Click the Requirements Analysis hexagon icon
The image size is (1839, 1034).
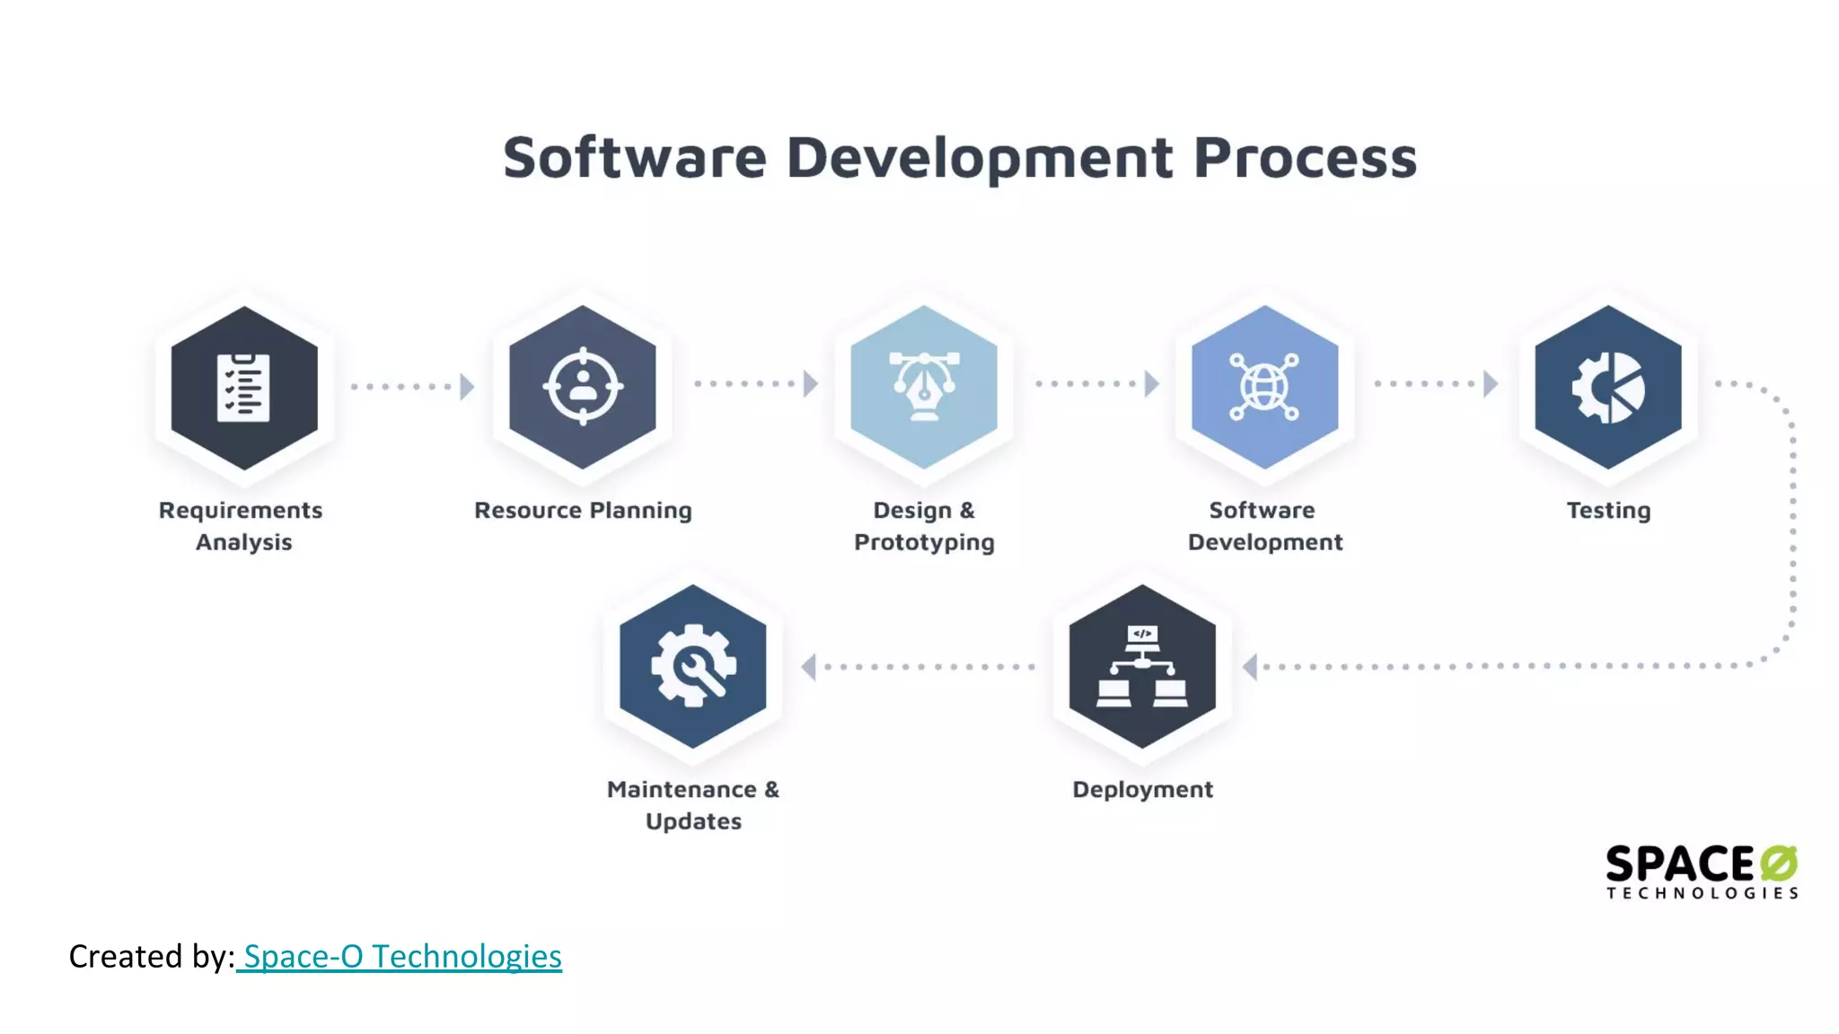[244, 388]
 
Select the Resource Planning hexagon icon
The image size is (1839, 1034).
[583, 387]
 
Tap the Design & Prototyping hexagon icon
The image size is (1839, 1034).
[924, 387]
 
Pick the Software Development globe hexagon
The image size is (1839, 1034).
[1264, 387]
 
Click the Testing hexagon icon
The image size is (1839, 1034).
[1608, 387]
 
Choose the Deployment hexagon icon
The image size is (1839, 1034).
[1142, 666]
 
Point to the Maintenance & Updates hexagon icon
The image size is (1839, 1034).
[693, 666]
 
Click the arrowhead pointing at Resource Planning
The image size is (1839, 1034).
[467, 387]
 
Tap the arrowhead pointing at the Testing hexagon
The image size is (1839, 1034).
[1491, 384]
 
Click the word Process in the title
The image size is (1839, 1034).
[1305, 158]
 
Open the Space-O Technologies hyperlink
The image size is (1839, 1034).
[401, 957]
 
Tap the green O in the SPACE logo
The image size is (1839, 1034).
[1779, 863]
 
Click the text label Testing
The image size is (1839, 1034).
[1608, 511]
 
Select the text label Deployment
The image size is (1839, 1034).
[1142, 790]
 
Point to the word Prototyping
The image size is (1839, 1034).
[924, 543]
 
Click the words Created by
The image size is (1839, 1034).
[151, 957]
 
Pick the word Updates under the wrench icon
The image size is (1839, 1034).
[693, 822]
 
